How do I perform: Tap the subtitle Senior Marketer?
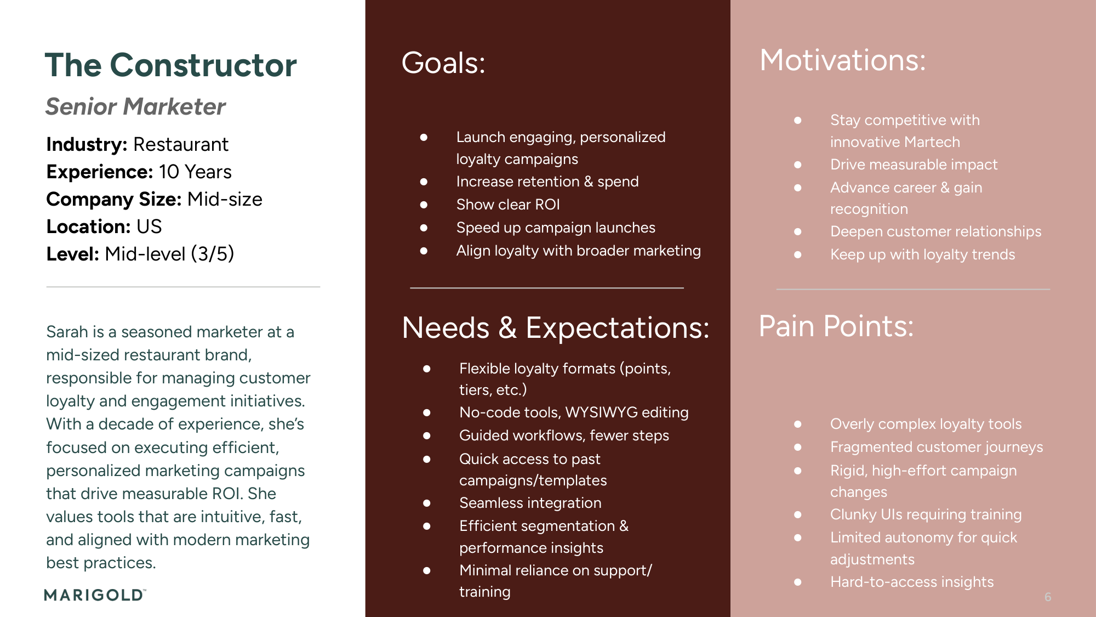pyautogui.click(x=135, y=106)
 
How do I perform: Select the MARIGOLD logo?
pyautogui.click(x=95, y=595)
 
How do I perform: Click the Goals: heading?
pyautogui.click(x=443, y=63)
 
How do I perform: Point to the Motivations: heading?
pyautogui.click(x=842, y=60)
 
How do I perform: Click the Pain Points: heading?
pyautogui.click(x=836, y=326)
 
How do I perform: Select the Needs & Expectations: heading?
pyautogui.click(x=555, y=328)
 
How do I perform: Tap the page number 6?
pyautogui.click(x=1047, y=597)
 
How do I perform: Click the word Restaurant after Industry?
pyautogui.click(x=181, y=144)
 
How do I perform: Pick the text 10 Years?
pyautogui.click(x=195, y=172)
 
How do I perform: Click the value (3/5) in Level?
pyautogui.click(x=212, y=254)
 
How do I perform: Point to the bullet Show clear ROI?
pyautogui.click(x=507, y=205)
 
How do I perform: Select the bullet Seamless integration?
pyautogui.click(x=530, y=503)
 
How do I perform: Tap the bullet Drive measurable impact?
pyautogui.click(x=914, y=165)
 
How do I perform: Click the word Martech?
pyautogui.click(x=932, y=142)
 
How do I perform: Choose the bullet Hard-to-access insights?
pyautogui.click(x=911, y=582)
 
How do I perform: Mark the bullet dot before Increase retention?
pyautogui.click(x=424, y=182)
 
